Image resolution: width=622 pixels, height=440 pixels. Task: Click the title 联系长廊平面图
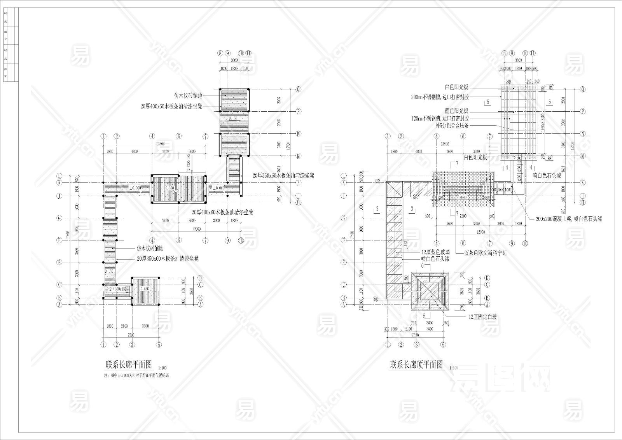click(x=128, y=365)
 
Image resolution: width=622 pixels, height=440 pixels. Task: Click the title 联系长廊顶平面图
click(x=416, y=365)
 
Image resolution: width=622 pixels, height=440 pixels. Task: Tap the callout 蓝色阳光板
click(x=457, y=111)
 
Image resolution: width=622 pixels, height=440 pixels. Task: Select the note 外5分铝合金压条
click(x=452, y=126)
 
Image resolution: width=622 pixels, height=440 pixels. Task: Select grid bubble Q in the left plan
click(x=299, y=89)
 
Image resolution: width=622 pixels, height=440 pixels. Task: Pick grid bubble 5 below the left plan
click(x=159, y=344)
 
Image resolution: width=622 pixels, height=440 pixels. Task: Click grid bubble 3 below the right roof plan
click(x=416, y=344)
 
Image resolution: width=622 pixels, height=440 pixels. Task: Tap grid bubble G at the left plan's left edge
click(x=60, y=218)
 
